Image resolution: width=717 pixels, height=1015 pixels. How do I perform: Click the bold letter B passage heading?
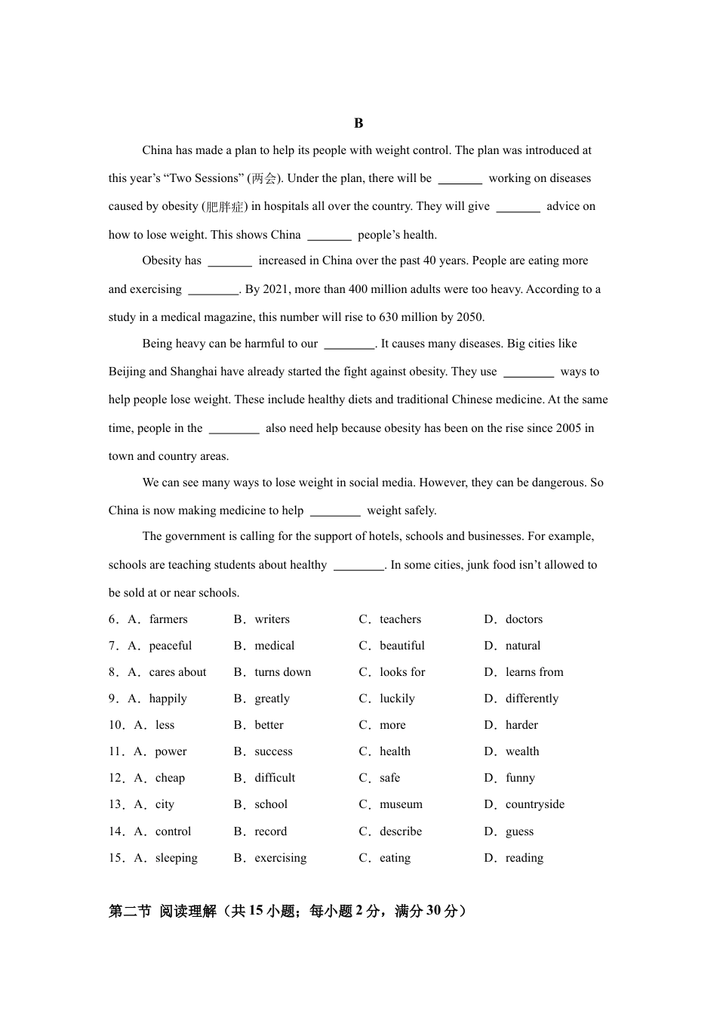coord(358,123)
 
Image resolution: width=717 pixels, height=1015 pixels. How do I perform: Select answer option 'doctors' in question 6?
coord(524,619)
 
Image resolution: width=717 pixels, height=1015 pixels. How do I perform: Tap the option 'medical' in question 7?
coord(274,646)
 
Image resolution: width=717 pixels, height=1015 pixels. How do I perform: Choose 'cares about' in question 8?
coord(177,672)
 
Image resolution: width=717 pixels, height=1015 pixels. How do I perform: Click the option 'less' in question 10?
coord(165,725)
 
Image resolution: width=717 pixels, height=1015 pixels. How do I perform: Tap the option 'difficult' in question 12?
coord(275,778)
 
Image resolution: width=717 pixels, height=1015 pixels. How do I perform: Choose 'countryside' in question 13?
coord(534,804)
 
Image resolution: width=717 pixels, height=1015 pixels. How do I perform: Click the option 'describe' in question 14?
coord(401,831)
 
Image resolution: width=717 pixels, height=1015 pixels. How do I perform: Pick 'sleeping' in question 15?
coord(176,858)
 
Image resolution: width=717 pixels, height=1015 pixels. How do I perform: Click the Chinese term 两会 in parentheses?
coord(264,178)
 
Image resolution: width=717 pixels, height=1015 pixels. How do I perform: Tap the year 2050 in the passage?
coord(469,317)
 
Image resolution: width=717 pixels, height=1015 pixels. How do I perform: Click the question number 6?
coord(112,619)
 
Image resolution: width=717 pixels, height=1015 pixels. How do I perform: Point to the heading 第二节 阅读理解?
coord(162,912)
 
